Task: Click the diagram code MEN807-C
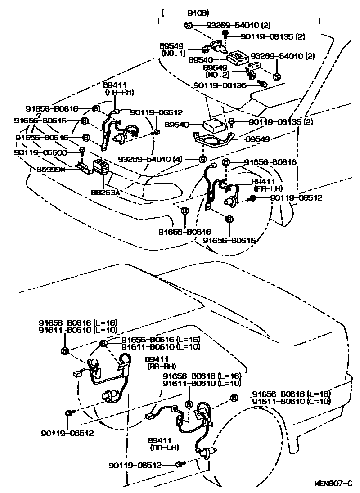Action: point(333,484)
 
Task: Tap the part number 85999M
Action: point(53,170)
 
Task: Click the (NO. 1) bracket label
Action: point(171,53)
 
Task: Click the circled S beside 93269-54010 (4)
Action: point(202,159)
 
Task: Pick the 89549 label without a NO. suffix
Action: point(257,139)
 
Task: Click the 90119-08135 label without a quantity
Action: point(220,85)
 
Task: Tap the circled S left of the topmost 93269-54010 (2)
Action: point(188,25)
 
